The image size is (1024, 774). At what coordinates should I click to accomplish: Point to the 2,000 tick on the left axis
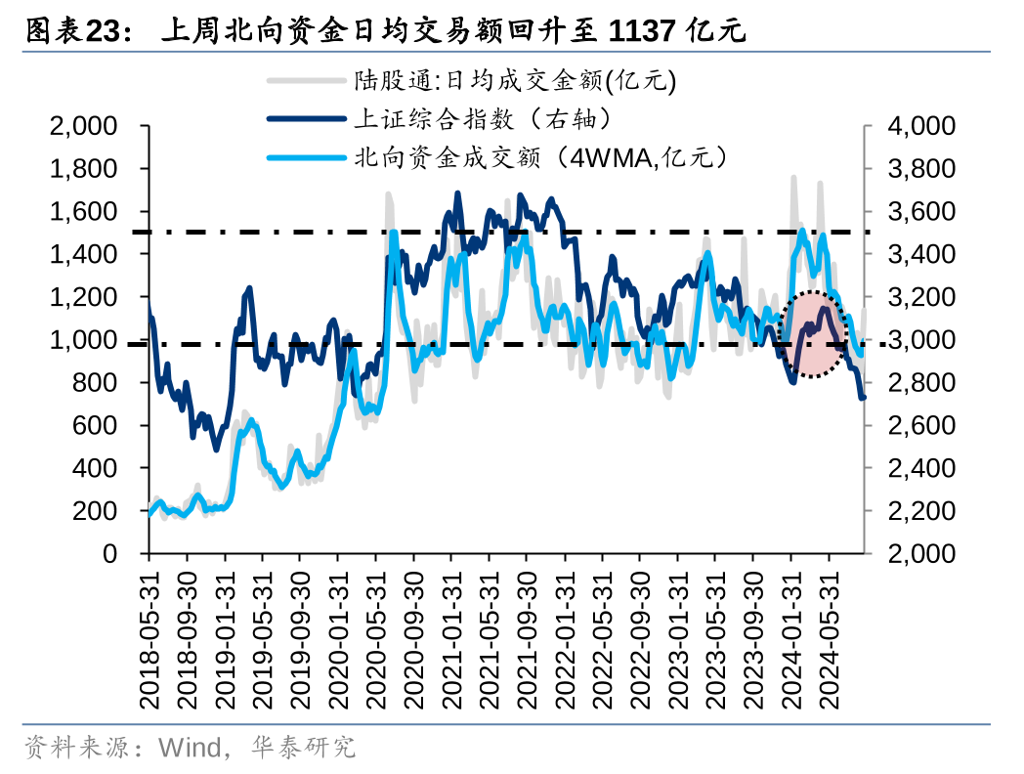click(83, 126)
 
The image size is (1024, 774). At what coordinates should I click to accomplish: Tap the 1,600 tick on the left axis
click(83, 212)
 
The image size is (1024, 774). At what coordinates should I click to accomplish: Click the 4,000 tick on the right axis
click(921, 126)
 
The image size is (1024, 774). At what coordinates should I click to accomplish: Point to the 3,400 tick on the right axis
click(921, 255)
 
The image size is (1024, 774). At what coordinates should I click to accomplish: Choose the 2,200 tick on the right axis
click(921, 511)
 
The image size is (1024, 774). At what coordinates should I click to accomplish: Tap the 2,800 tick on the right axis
click(921, 383)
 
